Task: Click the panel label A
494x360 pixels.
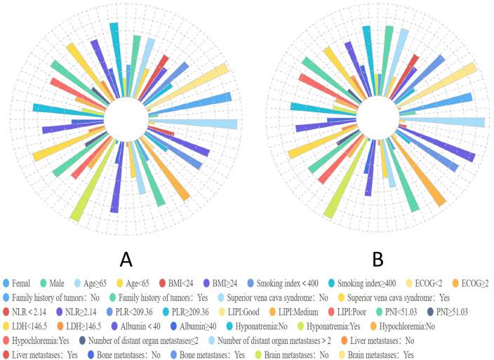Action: tap(126, 259)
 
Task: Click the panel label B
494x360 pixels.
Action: tap(378, 259)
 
